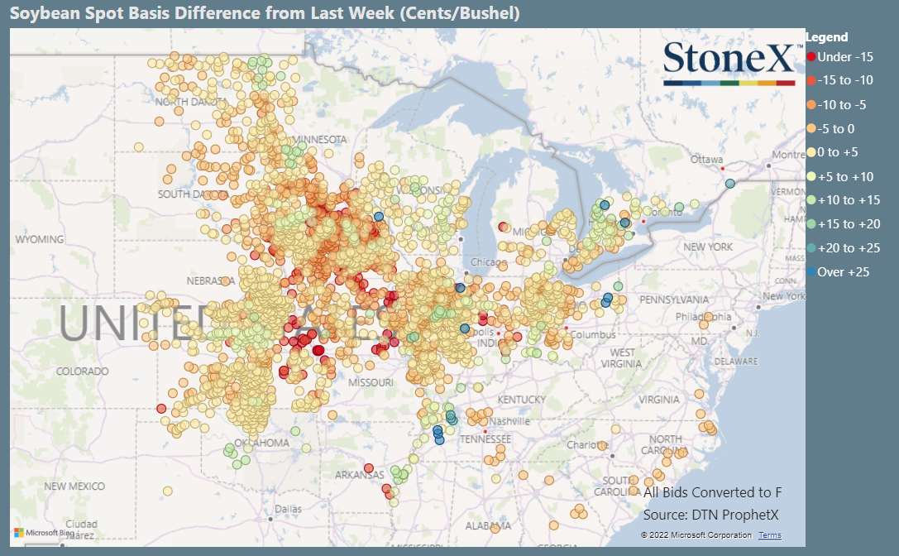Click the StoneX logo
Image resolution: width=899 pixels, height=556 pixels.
tap(729, 62)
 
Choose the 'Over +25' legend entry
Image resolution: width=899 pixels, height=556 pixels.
tap(843, 271)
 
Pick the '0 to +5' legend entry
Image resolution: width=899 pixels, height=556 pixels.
tap(839, 152)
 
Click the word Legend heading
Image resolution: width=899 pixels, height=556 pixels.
tap(826, 37)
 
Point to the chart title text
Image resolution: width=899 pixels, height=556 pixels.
tap(265, 13)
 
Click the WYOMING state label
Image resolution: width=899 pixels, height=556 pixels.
tap(39, 239)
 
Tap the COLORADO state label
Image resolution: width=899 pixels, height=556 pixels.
tap(82, 371)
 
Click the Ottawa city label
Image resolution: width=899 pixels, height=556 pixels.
tap(707, 159)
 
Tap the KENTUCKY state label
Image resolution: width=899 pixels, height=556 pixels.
tap(522, 400)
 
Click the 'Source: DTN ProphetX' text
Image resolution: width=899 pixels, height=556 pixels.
tap(710, 515)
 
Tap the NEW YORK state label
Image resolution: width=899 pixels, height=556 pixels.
tap(708, 247)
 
